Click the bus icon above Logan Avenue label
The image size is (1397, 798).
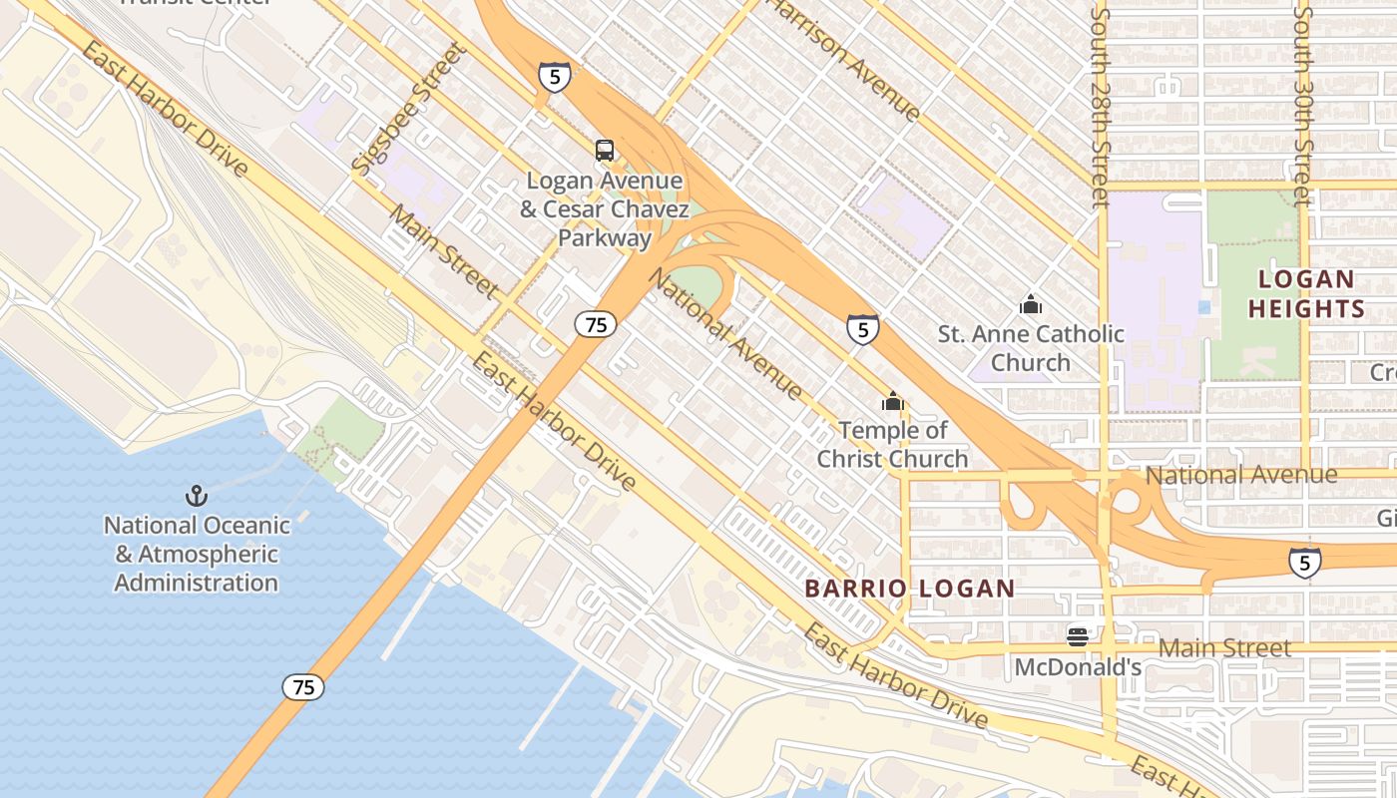point(605,151)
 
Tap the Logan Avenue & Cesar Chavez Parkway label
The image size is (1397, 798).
point(605,209)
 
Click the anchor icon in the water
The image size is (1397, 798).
point(197,496)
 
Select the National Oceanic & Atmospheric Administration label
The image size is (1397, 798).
point(197,554)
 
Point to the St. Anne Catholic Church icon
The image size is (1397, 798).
point(1031,303)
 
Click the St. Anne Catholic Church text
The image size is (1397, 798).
point(1031,347)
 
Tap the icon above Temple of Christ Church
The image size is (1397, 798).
point(892,402)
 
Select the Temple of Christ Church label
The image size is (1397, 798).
point(892,445)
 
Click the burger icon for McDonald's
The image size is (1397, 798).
point(1077,635)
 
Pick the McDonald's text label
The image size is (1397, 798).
point(1078,666)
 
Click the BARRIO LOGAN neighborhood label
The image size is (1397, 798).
point(909,589)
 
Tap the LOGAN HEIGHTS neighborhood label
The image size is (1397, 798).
point(1306,294)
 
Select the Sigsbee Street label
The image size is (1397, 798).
point(410,108)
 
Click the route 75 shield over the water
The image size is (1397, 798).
point(302,686)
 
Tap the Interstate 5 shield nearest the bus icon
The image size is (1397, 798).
point(555,76)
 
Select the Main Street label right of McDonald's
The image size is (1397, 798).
point(1224,648)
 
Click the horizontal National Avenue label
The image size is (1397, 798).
point(1240,475)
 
